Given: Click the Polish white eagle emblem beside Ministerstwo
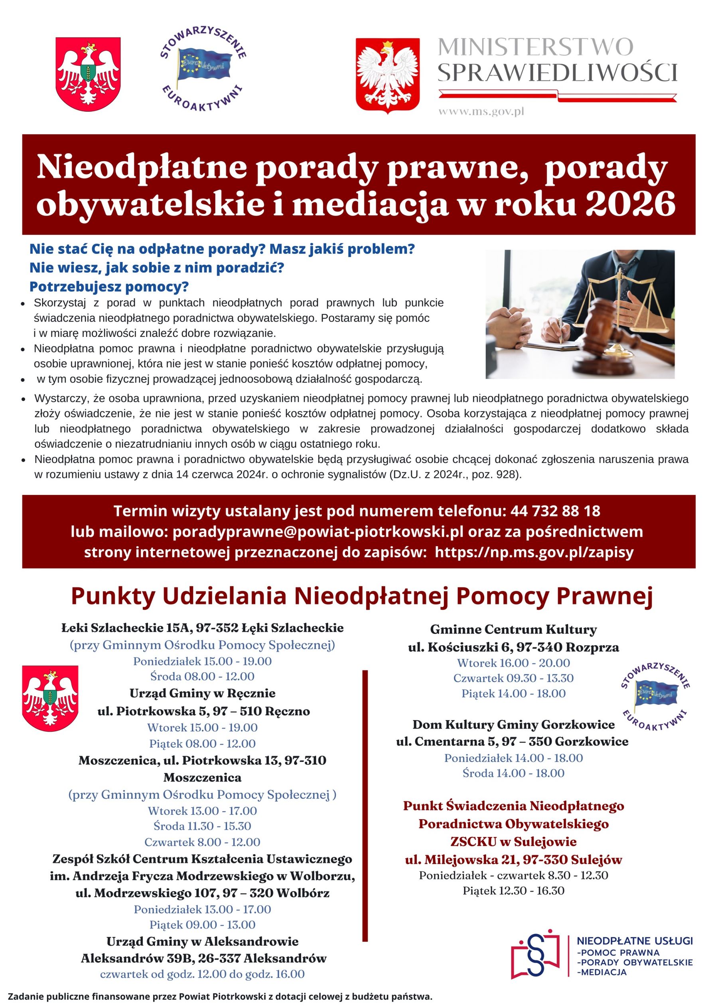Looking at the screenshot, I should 388,75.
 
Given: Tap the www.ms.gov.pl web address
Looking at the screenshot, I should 481,111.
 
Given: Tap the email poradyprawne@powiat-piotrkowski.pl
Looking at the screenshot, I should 318,531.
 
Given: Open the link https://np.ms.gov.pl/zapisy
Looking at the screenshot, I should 534,552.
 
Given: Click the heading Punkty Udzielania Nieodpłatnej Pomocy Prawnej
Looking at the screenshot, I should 362,596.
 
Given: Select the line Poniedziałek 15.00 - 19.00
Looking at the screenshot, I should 203,661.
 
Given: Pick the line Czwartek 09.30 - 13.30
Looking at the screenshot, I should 513,678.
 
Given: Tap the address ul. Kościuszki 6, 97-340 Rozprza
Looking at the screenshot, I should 513,647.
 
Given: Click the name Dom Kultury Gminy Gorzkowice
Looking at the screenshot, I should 513,725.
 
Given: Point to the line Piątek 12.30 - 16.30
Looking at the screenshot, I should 513,890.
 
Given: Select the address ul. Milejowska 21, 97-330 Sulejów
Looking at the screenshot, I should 513,859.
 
